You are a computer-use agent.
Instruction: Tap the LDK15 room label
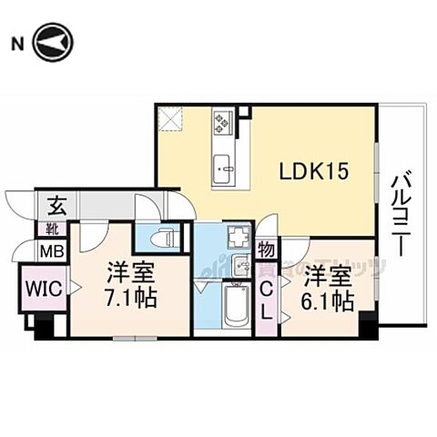pos(314,170)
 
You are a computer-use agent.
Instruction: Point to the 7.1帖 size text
pos(130,298)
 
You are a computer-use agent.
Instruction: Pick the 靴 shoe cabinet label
pos(52,229)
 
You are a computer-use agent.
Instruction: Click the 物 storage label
pos(267,248)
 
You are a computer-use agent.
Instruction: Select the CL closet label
pos(267,299)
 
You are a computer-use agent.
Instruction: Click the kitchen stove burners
pos(224,122)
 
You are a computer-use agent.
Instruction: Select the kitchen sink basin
pos(223,169)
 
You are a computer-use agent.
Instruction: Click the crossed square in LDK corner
pos(169,118)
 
